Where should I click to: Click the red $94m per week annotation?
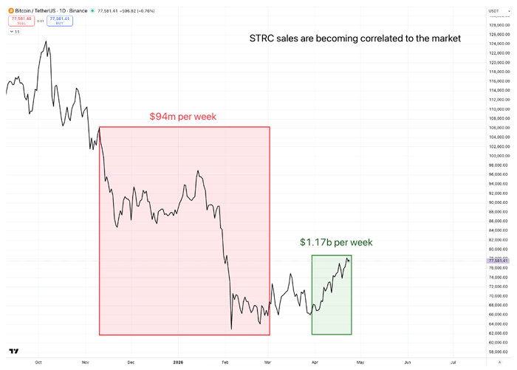pyautogui.click(x=182, y=117)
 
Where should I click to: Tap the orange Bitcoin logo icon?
pyautogui.click(x=10, y=11)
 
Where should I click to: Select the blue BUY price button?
pyautogui.click(x=60, y=21)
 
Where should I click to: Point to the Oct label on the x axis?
pyautogui.click(x=38, y=363)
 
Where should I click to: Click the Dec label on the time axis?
pyautogui.click(x=131, y=363)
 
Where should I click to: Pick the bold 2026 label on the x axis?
pyautogui.click(x=177, y=363)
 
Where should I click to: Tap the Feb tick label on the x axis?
pyautogui.click(x=225, y=363)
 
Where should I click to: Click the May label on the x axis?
pyautogui.click(x=360, y=363)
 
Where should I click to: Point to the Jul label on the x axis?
pyautogui.click(x=453, y=363)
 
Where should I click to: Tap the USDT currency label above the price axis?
pyautogui.click(x=493, y=11)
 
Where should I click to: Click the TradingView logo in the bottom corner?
pyautogui.click(x=13, y=352)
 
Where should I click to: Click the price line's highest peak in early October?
pyautogui.click(x=46, y=41)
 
